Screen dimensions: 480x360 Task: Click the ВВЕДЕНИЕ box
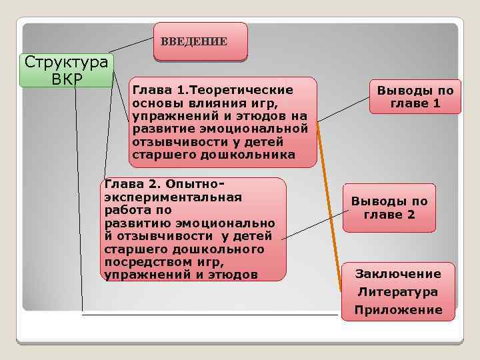[x=200, y=41]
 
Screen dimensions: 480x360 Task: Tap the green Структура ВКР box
[x=67, y=70]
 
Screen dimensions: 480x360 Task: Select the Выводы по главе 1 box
[x=415, y=97]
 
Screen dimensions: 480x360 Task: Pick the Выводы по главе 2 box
[x=389, y=208]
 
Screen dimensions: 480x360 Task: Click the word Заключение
[x=398, y=274]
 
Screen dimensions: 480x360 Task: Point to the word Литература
[x=398, y=292]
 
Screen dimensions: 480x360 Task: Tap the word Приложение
[x=398, y=310]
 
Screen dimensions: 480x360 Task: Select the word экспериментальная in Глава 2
[x=173, y=197]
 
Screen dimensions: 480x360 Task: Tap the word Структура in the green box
[x=67, y=62]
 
